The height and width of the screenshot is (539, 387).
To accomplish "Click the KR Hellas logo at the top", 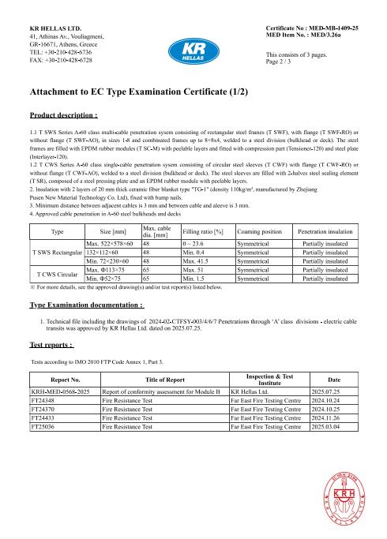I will click(x=193, y=44).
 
